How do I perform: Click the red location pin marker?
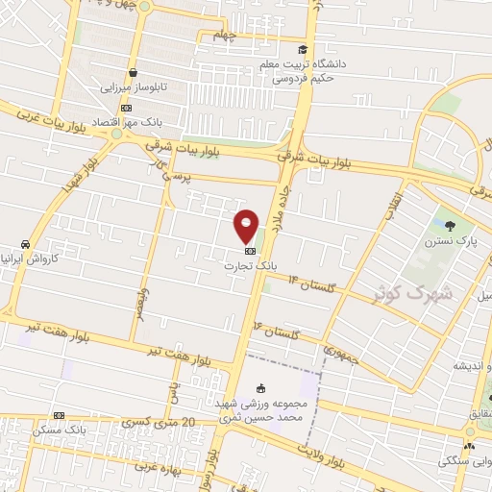point(247,225)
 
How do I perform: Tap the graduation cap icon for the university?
point(303,50)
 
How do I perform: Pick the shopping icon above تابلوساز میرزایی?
point(133,71)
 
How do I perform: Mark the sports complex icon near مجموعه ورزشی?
point(262,387)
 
